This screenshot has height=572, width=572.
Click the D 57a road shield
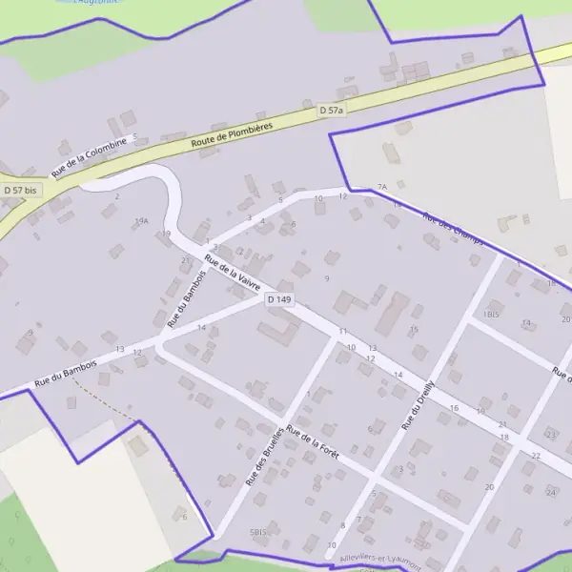coord(331,112)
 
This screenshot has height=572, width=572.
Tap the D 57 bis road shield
coord(19,191)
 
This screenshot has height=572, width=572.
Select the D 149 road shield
coord(279,299)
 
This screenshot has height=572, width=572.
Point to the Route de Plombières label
coord(232,134)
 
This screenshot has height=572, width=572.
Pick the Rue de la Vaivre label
coord(233,275)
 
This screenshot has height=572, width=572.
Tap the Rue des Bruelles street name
coord(264,455)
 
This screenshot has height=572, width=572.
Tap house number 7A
coord(382,187)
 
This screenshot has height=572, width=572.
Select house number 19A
coord(141,221)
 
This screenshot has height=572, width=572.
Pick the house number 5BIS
coord(257,531)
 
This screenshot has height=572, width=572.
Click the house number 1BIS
coord(492,314)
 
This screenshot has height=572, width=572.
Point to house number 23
coord(551,434)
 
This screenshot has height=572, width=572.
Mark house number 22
coord(536,456)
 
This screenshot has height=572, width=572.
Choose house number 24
coord(550,492)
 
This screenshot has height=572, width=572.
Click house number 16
coord(454,409)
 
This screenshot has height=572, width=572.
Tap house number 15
coord(414,330)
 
